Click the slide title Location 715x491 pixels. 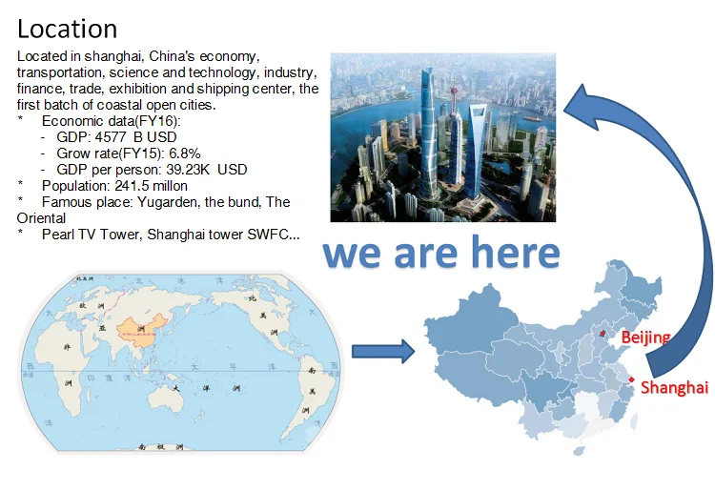pos(67,29)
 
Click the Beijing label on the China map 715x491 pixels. pos(645,338)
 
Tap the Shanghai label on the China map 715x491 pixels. pos(674,387)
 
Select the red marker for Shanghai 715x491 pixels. pos(631,379)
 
